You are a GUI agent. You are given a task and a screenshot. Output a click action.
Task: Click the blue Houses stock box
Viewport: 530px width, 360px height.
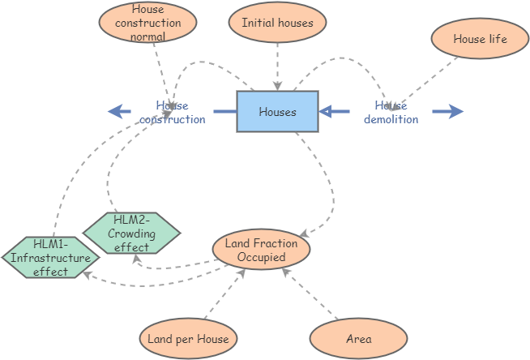(x=277, y=111)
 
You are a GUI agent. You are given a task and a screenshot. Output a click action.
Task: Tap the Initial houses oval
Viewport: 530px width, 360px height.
(x=277, y=23)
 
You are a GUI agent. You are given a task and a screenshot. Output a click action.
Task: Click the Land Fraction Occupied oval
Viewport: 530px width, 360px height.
(x=261, y=250)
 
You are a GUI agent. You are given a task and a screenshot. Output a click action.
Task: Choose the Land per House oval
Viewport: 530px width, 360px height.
(x=188, y=338)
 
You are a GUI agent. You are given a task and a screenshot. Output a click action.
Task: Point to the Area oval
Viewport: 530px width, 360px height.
(x=358, y=338)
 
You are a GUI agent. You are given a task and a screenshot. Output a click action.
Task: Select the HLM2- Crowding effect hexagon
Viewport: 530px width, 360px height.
(x=131, y=234)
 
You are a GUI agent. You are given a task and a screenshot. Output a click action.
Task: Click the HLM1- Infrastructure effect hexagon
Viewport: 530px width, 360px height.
(x=50, y=257)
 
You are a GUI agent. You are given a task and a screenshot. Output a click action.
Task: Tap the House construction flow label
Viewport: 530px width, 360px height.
(x=172, y=112)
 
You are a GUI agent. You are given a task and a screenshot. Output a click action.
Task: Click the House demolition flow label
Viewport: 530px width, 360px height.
(x=391, y=112)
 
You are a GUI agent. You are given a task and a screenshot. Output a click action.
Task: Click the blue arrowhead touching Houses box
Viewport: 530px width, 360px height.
(x=327, y=112)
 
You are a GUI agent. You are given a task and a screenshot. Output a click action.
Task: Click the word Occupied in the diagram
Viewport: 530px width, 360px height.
(x=261, y=257)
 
